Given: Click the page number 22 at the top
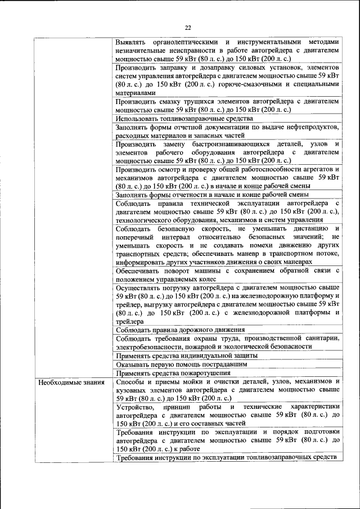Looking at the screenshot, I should coord(188,27).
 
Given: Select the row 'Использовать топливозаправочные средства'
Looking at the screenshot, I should coord(184,119).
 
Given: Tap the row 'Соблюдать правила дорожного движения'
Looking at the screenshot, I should coord(180,330).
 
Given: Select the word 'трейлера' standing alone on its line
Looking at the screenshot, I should coord(130,321).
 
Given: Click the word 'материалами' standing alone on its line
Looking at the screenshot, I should coord(134,93).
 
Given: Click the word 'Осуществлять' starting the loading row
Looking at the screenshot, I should coord(141,287).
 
